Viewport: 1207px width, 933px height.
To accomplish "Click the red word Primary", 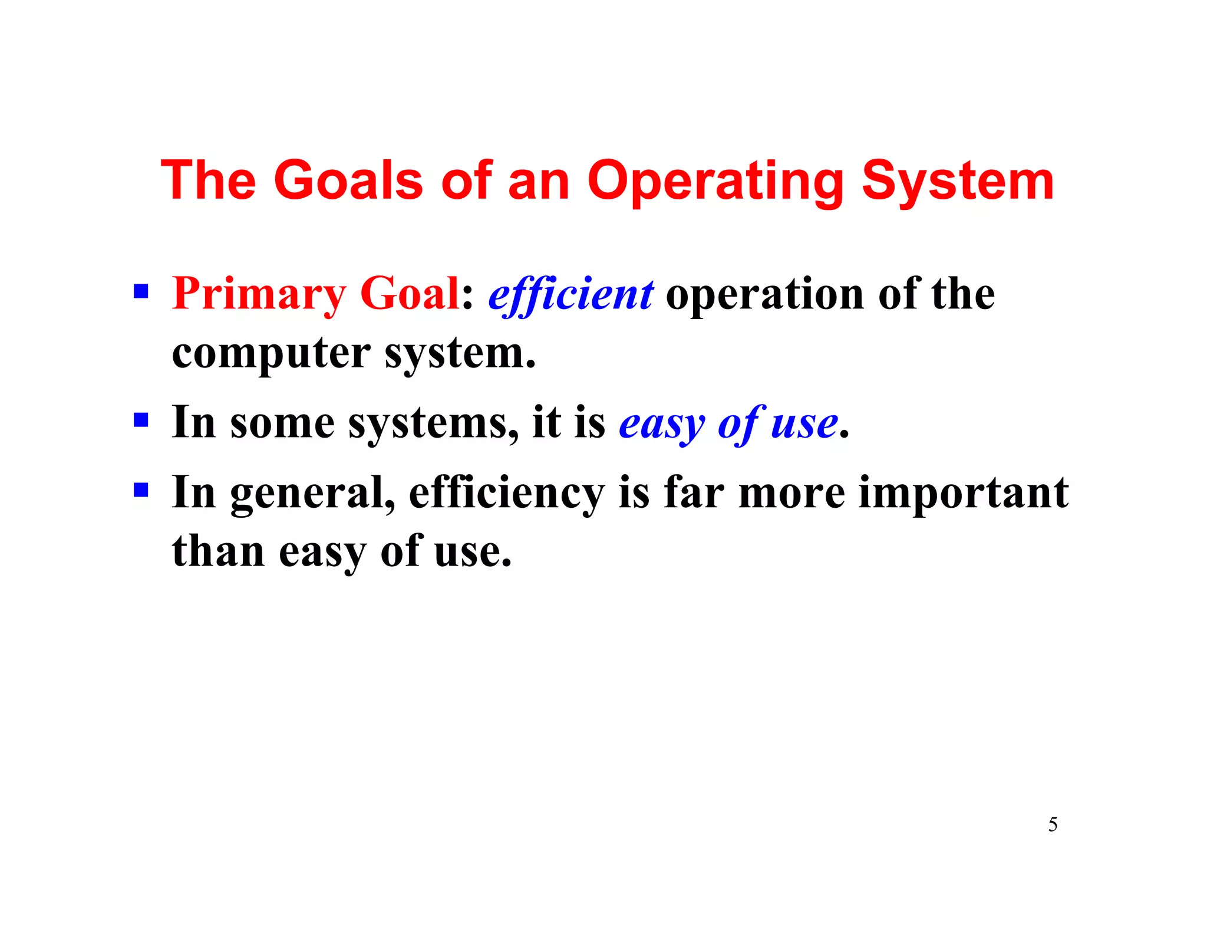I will [x=259, y=294].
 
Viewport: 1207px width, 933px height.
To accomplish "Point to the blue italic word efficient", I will [x=570, y=294].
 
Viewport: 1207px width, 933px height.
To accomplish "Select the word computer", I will [x=271, y=354].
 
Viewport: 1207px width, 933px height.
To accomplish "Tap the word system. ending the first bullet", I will [x=460, y=354].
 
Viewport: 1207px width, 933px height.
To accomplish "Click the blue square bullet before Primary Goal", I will [x=141, y=291].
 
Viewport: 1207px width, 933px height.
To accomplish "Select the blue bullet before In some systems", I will [x=141, y=420].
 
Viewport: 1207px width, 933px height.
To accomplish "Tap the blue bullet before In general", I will [x=141, y=490].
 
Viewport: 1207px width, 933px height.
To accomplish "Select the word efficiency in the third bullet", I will [x=506, y=493].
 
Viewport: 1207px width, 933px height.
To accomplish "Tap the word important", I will [x=963, y=493].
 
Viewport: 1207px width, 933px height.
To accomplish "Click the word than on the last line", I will [x=218, y=551].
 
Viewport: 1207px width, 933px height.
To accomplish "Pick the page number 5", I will [x=1053, y=824].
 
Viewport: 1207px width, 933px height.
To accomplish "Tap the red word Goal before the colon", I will [x=409, y=294].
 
